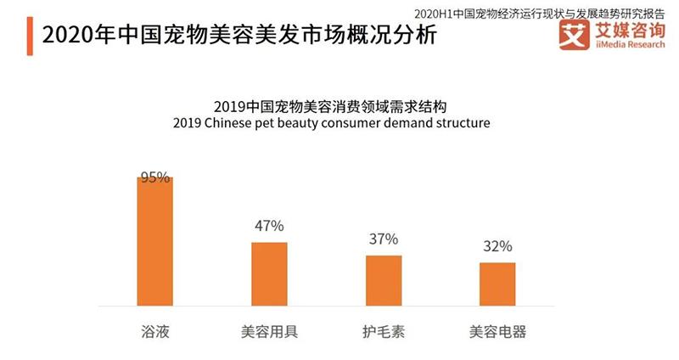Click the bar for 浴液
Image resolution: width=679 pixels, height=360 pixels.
(x=155, y=241)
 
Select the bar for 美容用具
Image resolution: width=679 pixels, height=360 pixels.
(x=269, y=273)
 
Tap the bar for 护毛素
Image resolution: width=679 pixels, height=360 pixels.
(x=384, y=280)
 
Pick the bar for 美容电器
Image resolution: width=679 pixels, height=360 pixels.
(x=497, y=284)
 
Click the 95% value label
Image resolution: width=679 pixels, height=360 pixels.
(x=155, y=178)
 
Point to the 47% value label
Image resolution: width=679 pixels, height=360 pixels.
(x=269, y=226)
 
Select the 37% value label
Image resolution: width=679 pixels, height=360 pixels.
(x=384, y=239)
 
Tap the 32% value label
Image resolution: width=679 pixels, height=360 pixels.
(x=497, y=247)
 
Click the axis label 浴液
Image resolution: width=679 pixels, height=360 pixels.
(x=155, y=330)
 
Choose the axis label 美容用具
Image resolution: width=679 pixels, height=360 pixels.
(x=269, y=330)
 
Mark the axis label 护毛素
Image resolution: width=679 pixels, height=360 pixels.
(x=384, y=330)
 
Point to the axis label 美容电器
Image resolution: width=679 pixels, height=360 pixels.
(x=497, y=330)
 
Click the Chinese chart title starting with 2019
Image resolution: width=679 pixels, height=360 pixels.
(x=330, y=107)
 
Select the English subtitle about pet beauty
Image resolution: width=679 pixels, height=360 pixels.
(x=330, y=124)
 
